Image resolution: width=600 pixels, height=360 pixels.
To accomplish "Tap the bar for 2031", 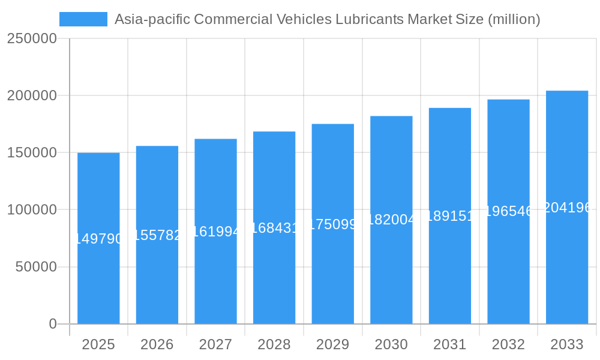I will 450,270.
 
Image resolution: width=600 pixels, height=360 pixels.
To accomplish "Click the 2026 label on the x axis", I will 157,344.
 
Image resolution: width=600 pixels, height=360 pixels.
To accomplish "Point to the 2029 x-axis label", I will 333,344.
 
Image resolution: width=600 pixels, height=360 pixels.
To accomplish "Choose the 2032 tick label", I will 508,344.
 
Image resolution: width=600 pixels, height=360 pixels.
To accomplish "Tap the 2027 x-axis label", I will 215,344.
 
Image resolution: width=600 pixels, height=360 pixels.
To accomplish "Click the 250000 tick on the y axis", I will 32,39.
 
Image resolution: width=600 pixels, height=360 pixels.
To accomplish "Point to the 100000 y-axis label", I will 32,210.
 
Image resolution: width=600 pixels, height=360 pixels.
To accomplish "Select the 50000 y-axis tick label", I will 36,267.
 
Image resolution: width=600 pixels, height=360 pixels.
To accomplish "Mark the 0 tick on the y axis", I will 53,324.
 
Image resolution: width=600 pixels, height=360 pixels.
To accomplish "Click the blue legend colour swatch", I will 83,19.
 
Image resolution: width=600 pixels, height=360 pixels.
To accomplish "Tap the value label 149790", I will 98,239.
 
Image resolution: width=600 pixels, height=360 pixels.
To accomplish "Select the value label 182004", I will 391,220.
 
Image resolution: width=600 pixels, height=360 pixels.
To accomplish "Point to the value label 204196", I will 567,208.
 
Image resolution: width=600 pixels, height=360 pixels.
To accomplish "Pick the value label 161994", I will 215,232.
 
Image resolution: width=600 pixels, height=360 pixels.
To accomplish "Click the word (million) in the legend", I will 514,19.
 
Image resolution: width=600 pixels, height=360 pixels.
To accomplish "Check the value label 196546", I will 508,211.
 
